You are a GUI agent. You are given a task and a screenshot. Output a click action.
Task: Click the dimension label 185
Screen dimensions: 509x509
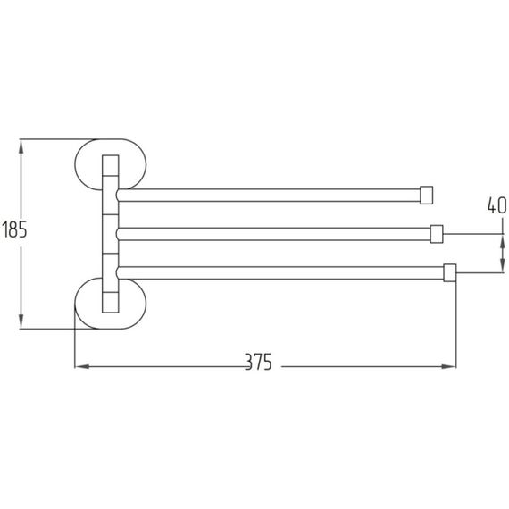[14, 229]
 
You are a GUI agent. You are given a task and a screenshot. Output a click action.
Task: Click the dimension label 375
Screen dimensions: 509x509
[258, 362]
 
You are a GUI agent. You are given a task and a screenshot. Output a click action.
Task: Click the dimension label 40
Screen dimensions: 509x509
[497, 205]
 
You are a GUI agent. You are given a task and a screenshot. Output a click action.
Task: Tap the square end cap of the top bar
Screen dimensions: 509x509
[426, 195]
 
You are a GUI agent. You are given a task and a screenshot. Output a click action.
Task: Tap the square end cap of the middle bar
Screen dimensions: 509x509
[437, 234]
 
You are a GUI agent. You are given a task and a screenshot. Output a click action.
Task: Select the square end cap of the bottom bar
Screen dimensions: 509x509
[449, 273]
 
